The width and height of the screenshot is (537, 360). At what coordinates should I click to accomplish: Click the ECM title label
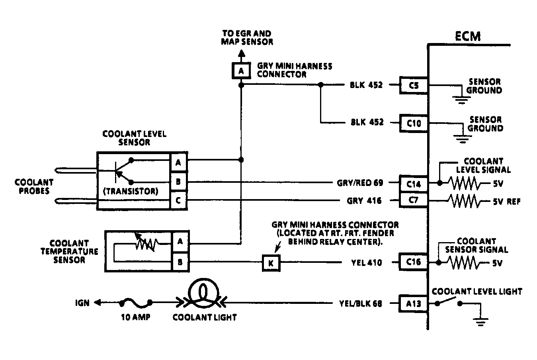click(468, 37)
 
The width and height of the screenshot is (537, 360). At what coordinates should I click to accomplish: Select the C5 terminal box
click(414, 85)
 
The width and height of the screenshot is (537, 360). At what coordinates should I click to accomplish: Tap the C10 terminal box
click(414, 123)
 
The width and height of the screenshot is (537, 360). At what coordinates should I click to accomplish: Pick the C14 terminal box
click(414, 184)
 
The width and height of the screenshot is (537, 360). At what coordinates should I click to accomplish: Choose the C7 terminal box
click(414, 200)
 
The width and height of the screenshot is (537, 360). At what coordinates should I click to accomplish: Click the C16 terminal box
click(414, 262)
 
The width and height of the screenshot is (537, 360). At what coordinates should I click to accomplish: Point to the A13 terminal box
click(414, 303)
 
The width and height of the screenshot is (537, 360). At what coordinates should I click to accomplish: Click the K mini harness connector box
click(271, 263)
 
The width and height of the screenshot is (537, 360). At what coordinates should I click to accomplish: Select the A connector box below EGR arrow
click(241, 70)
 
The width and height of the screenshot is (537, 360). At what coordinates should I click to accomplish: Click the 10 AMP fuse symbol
click(136, 303)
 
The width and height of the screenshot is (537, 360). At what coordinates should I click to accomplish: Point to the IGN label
click(82, 303)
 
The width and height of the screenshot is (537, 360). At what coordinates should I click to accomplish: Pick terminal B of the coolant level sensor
click(178, 182)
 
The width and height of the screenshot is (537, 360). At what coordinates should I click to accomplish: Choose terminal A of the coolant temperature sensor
click(180, 241)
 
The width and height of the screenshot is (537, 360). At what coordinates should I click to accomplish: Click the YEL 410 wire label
click(367, 263)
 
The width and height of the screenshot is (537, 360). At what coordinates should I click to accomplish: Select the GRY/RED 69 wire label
click(360, 183)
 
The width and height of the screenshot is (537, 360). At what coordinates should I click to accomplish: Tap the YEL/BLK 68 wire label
click(361, 303)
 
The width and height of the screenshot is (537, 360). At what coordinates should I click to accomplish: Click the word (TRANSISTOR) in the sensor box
click(131, 191)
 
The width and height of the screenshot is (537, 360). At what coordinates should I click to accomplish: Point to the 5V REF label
click(507, 202)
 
